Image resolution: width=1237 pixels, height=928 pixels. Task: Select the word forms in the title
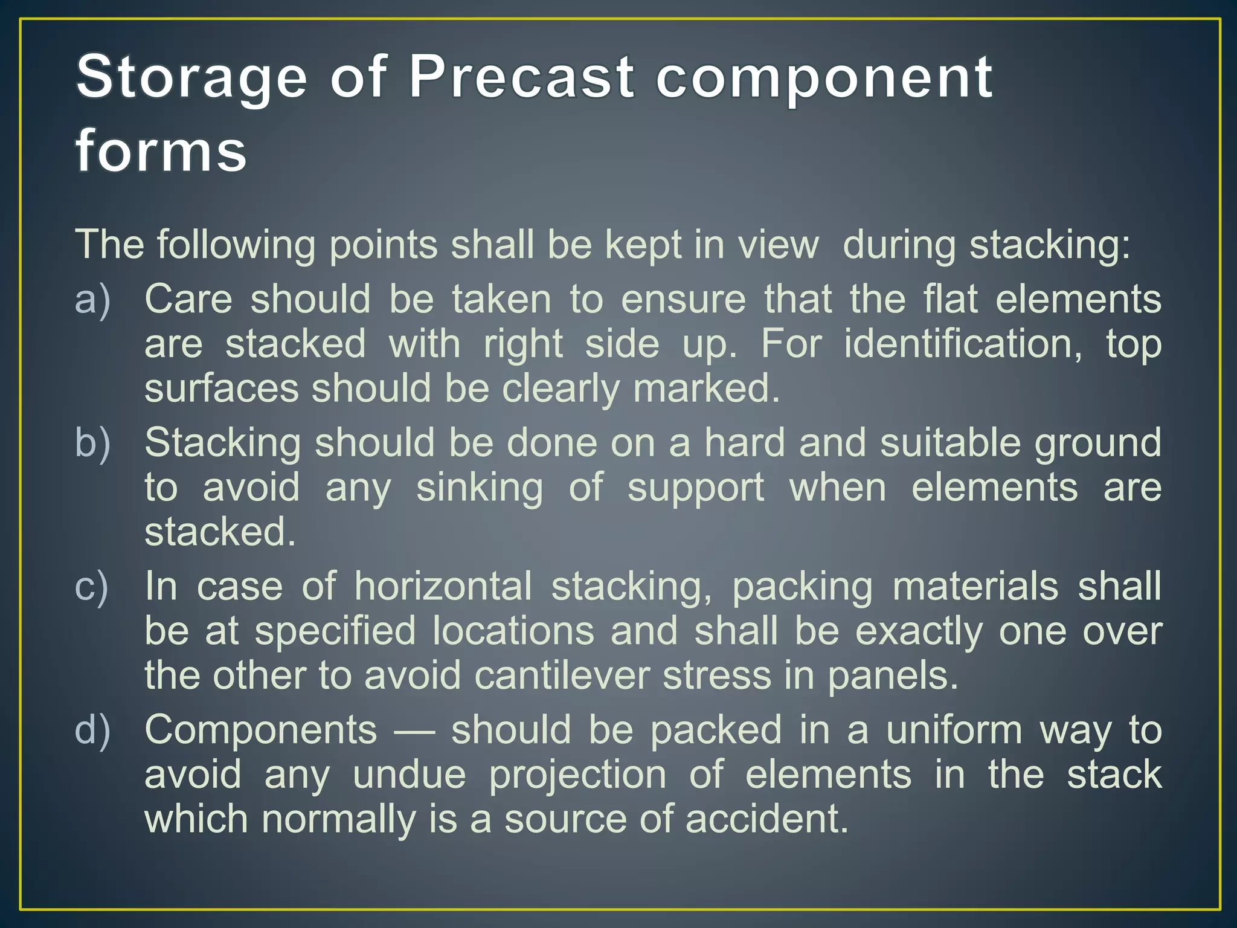tap(161, 151)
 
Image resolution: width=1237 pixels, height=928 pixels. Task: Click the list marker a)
tap(92, 300)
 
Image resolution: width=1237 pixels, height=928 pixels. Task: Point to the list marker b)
tap(92, 443)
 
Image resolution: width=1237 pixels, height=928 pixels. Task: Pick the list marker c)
tap(91, 587)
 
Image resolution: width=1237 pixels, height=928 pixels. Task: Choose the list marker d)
tap(92, 730)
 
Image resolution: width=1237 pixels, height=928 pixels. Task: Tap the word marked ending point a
tap(706, 388)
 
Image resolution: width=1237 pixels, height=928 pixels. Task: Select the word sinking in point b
tap(480, 488)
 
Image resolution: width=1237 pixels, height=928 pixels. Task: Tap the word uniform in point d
tap(954, 730)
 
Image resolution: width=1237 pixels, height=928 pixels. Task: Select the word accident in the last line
tap(767, 819)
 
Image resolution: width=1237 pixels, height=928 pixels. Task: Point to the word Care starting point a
tap(188, 300)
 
